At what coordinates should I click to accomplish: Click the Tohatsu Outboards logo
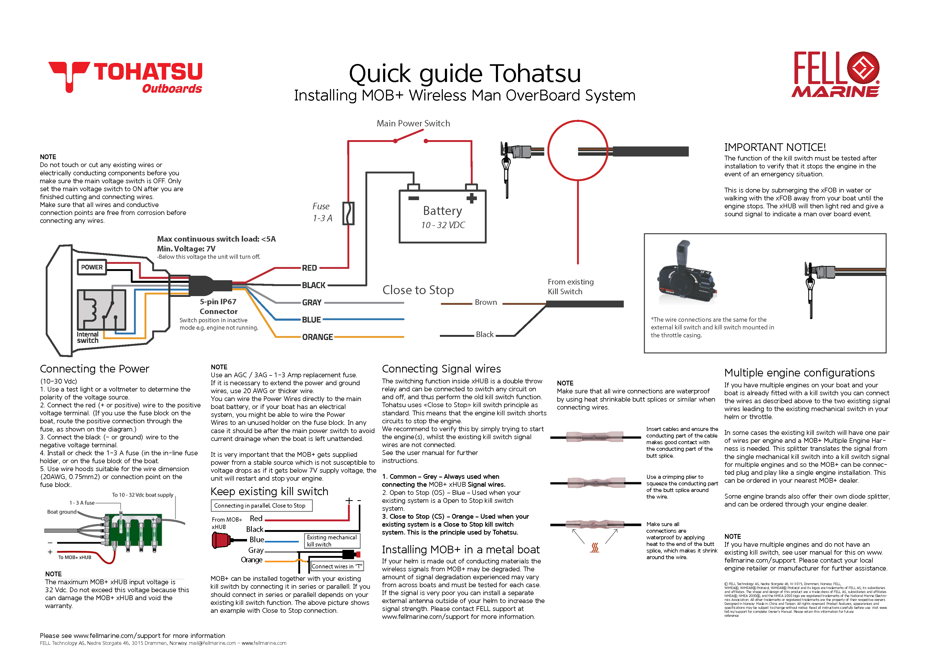[125, 77]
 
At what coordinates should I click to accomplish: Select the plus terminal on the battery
[472, 198]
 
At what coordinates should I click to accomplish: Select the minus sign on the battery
[413, 198]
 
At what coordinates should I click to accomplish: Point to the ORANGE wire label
[317, 337]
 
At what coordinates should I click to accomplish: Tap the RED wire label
[309, 268]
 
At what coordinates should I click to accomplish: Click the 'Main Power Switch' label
[413, 123]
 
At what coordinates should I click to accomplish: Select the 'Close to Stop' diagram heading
[418, 290]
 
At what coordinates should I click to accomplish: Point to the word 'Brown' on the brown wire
[486, 302]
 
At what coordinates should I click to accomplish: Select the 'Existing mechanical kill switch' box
[332, 541]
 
